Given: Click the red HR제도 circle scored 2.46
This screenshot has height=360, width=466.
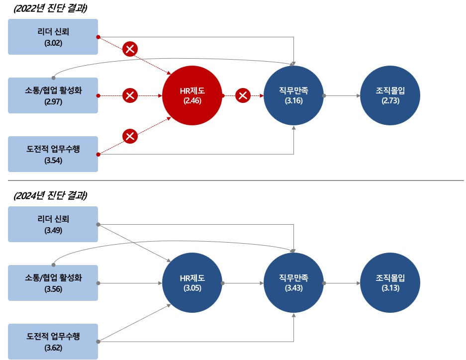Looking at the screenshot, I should click(191, 95).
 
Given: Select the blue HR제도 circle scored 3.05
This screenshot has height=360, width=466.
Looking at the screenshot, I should click(191, 282).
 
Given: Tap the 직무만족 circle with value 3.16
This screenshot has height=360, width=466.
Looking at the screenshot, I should click(294, 95).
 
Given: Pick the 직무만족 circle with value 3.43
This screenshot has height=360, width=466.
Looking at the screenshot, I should click(294, 282).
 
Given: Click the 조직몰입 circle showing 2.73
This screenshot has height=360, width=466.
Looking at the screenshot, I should click(390, 95).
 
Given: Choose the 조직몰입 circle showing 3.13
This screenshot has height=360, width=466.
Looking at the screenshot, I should click(390, 282).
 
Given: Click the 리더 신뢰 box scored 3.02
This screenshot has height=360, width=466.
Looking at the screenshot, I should click(53, 37).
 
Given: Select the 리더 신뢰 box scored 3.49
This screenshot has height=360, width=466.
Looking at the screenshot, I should click(53, 224).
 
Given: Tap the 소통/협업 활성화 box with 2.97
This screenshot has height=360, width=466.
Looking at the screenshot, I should click(53, 95).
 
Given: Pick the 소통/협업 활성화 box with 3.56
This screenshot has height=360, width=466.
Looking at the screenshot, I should click(53, 282).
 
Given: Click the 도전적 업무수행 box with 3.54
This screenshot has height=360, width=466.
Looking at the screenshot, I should click(53, 154).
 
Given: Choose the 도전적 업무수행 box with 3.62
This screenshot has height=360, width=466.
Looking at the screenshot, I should click(53, 342).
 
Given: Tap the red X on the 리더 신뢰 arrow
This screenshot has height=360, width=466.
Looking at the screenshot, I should click(130, 49).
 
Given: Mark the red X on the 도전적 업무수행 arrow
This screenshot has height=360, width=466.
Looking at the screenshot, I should click(130, 136).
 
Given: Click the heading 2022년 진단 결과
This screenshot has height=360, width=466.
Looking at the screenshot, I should click(48, 8).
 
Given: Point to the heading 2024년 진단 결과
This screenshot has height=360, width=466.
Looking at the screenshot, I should click(48, 195).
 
